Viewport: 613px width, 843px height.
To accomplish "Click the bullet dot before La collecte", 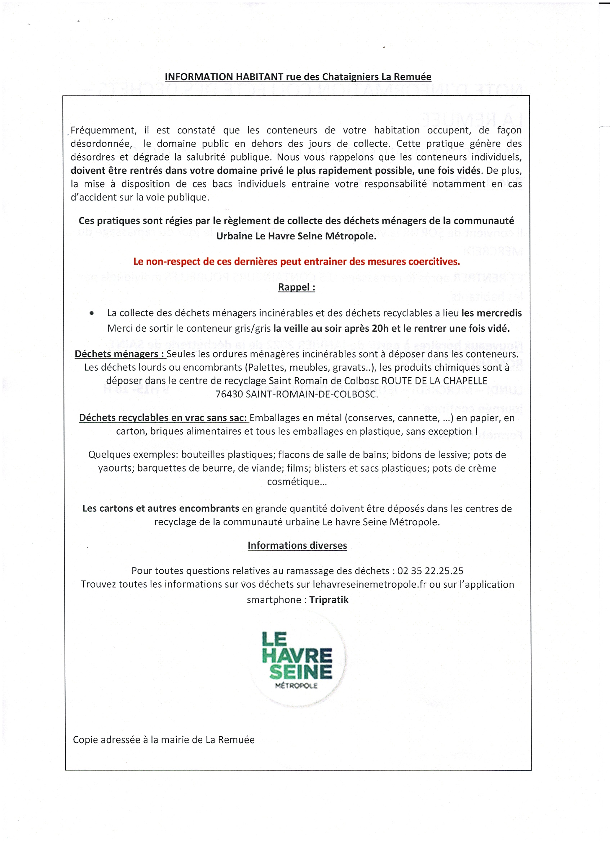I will tap(92, 313).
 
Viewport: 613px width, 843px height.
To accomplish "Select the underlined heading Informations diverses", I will tap(297, 545).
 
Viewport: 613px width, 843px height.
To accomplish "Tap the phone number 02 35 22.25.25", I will tap(430, 571).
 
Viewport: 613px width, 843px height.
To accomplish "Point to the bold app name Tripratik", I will tap(328, 600).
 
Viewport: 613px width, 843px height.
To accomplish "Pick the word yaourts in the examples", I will tap(115, 468).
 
